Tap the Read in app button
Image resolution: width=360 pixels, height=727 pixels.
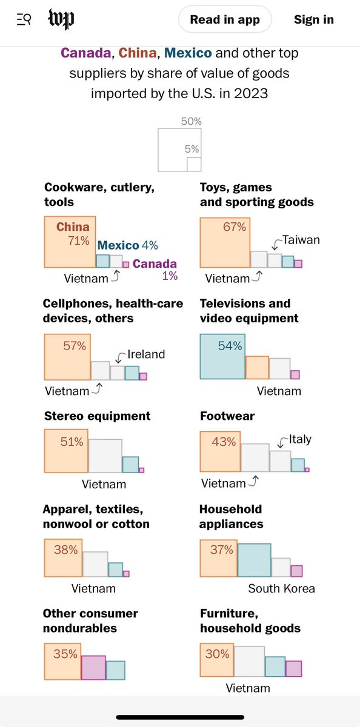(x=225, y=19)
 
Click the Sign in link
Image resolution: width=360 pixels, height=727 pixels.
(x=313, y=19)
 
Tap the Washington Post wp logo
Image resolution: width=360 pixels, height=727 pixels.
(x=61, y=19)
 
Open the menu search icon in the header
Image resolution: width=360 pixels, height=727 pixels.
(x=24, y=19)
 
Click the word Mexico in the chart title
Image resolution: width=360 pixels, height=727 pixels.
(x=188, y=53)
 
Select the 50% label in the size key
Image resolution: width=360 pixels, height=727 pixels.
(x=191, y=121)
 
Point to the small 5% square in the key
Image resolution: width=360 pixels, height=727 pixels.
(x=194, y=164)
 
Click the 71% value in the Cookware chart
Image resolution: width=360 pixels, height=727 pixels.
(x=79, y=241)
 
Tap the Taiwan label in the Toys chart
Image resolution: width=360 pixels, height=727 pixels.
(x=301, y=240)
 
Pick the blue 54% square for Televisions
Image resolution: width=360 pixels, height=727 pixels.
(x=222, y=356)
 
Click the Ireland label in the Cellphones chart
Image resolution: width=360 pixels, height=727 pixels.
(x=146, y=354)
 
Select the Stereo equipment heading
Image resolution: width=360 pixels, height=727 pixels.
(x=97, y=416)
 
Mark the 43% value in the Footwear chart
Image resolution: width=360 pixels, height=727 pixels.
(x=224, y=442)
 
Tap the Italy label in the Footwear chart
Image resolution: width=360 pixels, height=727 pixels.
(x=300, y=439)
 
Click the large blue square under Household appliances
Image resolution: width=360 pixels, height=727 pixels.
(x=254, y=560)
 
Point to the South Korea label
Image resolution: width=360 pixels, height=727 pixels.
(x=281, y=588)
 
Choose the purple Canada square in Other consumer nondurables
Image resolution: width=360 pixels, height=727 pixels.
(x=93, y=668)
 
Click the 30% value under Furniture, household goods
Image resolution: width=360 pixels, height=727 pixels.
(x=217, y=654)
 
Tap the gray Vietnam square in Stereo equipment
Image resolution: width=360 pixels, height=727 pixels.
(x=105, y=456)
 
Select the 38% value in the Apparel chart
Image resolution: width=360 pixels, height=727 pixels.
(x=66, y=549)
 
